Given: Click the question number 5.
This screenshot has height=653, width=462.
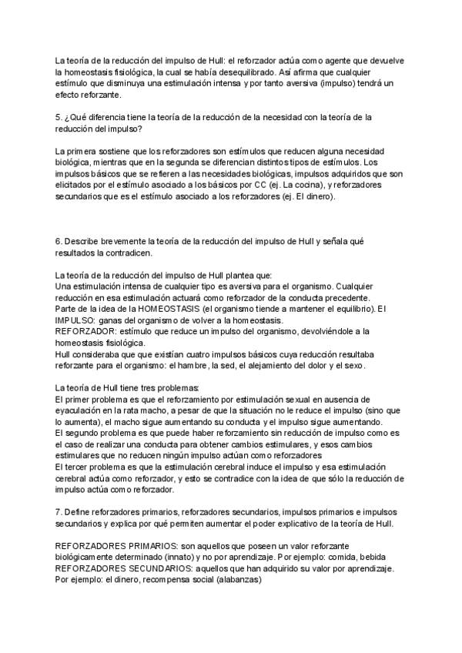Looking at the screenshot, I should click(x=58, y=117).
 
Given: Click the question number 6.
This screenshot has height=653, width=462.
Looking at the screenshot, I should click(x=58, y=241).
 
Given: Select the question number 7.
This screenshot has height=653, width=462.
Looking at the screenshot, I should click(x=58, y=511).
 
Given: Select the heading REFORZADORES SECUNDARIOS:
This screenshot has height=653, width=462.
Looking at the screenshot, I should click(x=119, y=568).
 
